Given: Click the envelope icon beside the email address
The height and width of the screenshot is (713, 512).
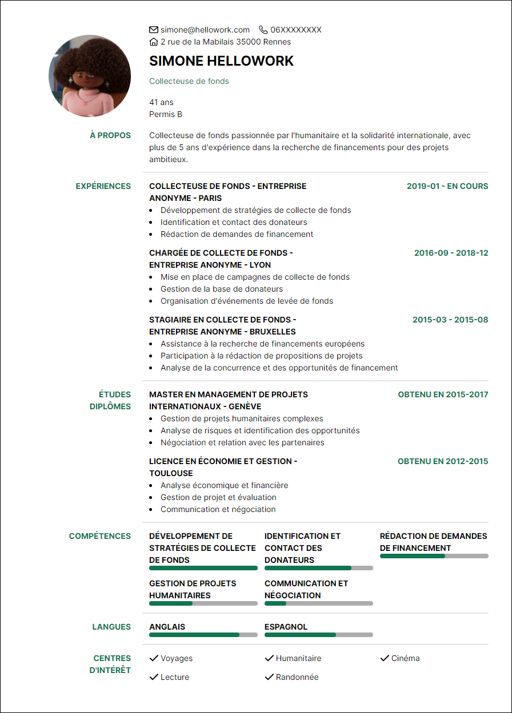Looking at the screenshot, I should point(153,30).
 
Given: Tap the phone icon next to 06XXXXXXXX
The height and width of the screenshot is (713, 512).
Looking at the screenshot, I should point(263,30).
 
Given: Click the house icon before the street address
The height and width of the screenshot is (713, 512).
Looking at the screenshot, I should point(153,42).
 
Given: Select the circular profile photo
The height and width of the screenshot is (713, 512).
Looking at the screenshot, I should point(90,76).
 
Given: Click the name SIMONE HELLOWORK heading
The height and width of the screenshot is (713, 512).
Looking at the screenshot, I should point(221,61).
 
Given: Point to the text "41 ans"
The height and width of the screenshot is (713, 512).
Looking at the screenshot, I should point(161,102).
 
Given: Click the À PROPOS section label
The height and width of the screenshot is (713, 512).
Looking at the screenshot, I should point(110,135).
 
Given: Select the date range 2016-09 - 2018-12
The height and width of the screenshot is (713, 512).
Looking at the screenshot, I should point(451,253).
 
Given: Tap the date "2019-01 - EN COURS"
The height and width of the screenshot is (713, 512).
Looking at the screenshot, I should point(447,186).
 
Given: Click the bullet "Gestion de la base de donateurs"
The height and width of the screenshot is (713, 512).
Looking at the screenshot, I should point(221,289).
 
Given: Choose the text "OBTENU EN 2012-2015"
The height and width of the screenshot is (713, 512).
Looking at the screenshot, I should point(443,461).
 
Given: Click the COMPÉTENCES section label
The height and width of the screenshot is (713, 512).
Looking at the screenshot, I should point(100,536).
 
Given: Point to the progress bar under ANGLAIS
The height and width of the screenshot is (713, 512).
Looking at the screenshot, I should point(203,635).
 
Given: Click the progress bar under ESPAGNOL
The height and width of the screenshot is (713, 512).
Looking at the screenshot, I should point(318,635).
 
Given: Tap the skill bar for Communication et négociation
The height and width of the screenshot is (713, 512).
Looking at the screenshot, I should point(318,603).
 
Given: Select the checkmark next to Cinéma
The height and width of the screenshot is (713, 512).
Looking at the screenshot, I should point(384,658).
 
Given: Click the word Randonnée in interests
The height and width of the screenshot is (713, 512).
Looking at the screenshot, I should point(297,677).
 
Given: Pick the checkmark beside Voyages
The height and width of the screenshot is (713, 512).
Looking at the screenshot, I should point(153,658).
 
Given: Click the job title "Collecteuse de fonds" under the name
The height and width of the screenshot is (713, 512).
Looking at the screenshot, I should point(189,81).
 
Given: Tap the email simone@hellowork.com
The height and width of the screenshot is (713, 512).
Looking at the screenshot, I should point(205,30).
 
